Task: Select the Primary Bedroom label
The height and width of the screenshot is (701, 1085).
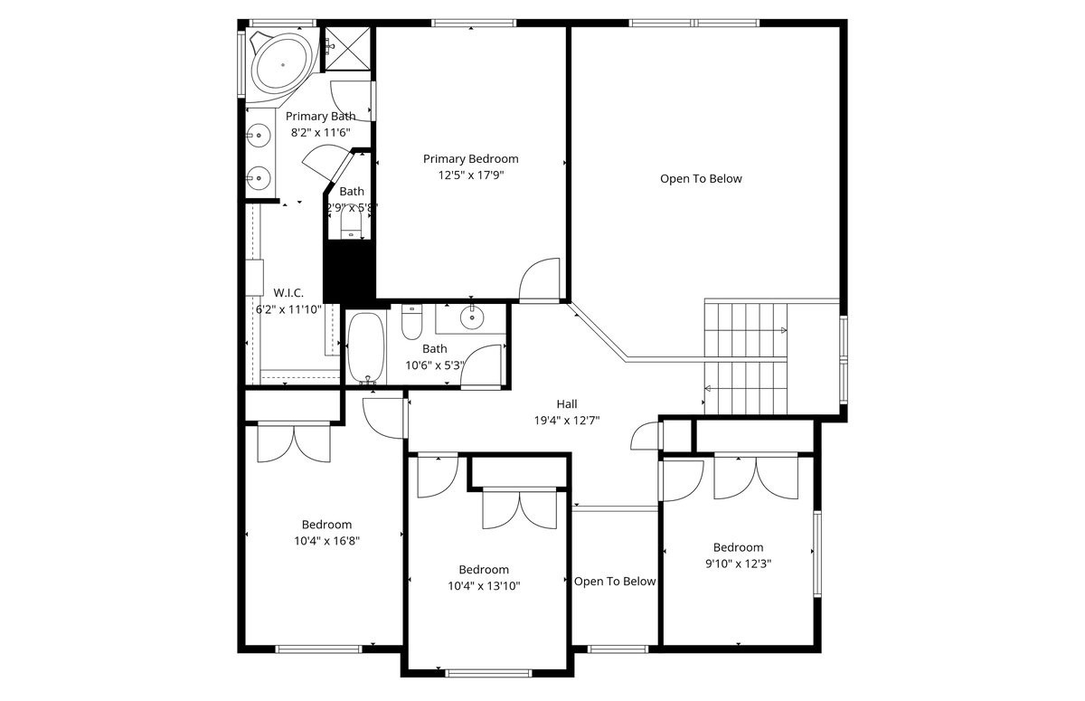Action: (470, 159)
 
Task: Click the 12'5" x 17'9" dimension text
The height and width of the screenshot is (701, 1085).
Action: (470, 175)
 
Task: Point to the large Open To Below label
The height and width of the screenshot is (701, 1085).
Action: (701, 179)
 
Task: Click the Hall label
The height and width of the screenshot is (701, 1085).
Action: (567, 404)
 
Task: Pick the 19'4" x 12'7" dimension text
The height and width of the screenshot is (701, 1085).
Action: (567, 420)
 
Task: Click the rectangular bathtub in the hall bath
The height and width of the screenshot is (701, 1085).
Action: (365, 347)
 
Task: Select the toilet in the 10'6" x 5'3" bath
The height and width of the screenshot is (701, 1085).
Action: (411, 321)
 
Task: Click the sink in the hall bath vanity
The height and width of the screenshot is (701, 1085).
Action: (472, 317)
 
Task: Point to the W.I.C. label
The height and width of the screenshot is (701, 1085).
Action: (288, 293)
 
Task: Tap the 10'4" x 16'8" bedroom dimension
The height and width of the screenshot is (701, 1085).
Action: (326, 541)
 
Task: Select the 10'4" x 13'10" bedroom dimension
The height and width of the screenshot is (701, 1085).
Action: (483, 585)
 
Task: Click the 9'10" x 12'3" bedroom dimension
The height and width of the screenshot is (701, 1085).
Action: (738, 563)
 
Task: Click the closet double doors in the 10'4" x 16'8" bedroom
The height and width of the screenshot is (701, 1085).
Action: (294, 443)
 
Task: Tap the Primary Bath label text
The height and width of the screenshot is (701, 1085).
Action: (320, 116)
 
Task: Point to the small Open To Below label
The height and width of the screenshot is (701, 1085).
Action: (615, 582)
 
